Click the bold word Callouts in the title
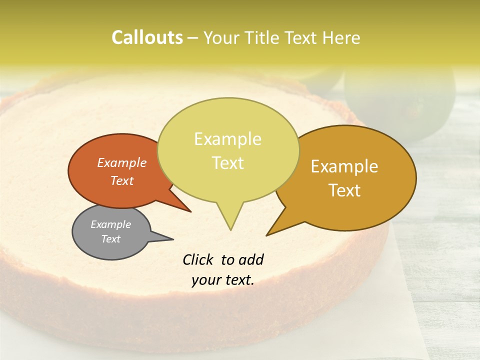[x=147, y=37]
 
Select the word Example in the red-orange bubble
[x=121, y=162]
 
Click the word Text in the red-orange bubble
[x=121, y=180]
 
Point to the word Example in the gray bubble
[x=110, y=224]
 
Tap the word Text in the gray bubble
[x=110, y=239]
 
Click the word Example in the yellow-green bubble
[x=227, y=139]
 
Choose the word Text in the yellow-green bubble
[x=227, y=163]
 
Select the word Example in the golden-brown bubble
[x=344, y=166]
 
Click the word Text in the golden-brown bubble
[x=344, y=190]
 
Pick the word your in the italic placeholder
[x=206, y=280]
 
